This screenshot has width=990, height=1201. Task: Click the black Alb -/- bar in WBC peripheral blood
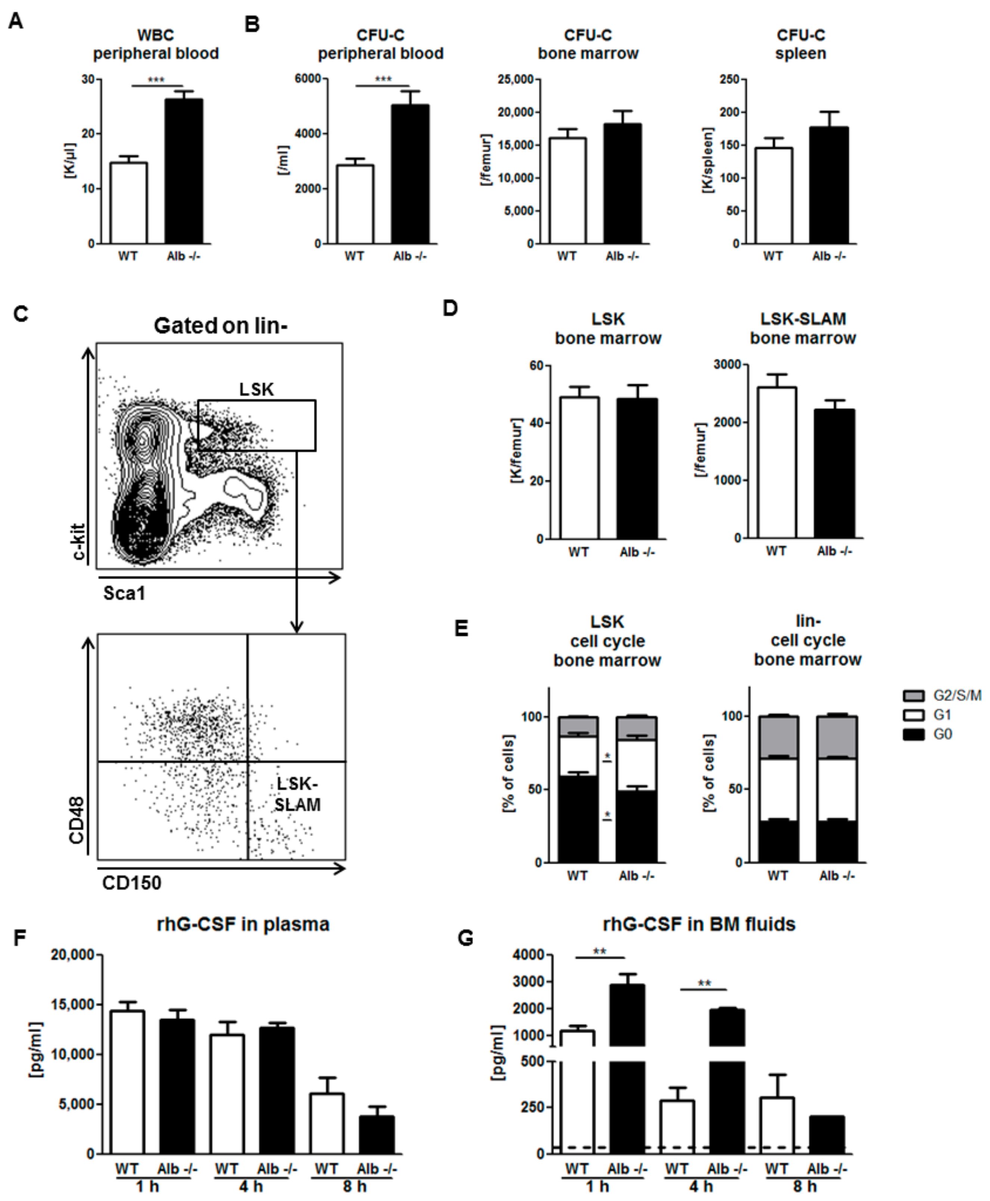pos(184,171)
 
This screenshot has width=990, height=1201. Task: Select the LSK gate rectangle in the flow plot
pos(256,425)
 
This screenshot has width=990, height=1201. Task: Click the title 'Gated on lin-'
pos(220,326)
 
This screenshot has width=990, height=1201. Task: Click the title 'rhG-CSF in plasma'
pos(243,924)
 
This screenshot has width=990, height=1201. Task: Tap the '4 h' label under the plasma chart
pos(250,1187)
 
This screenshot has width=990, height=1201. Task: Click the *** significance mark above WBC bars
pos(156,80)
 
